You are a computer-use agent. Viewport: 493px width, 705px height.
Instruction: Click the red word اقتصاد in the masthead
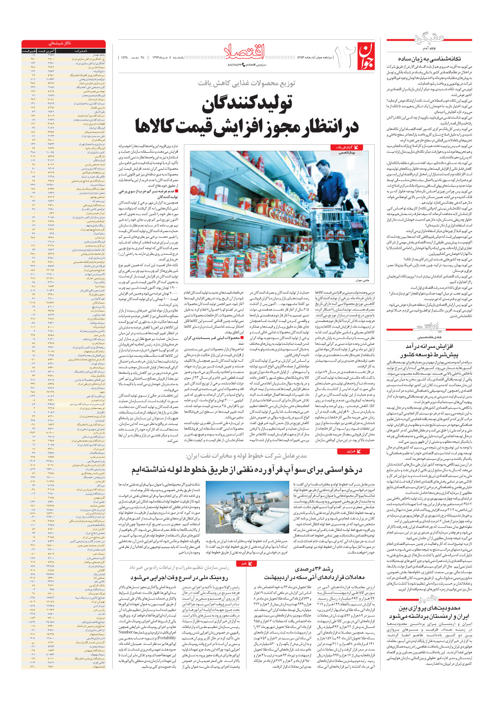(246, 52)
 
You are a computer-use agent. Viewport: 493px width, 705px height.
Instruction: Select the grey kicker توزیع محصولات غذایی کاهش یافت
(246, 83)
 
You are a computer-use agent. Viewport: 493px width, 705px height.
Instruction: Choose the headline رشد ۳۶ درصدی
(314, 569)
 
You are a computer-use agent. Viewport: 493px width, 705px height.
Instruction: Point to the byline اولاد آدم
(428, 49)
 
